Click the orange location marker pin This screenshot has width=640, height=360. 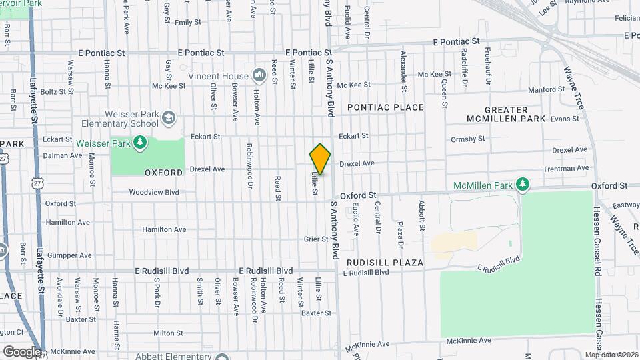pyautogui.click(x=321, y=159)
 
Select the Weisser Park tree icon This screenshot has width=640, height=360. pyautogui.click(x=140, y=142)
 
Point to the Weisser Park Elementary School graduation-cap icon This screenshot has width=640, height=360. pyautogui.click(x=168, y=118)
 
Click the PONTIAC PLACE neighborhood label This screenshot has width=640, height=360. pyautogui.click(x=385, y=107)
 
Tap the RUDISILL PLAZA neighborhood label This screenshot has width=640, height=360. pyautogui.click(x=385, y=263)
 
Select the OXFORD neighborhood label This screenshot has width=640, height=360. pyautogui.click(x=163, y=173)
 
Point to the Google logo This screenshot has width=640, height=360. pyautogui.click(x=21, y=351)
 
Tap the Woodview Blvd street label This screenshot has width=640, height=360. pyautogui.click(x=154, y=192)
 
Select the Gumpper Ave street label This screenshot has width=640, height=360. pyautogui.click(x=68, y=255)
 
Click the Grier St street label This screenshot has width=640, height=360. pyautogui.click(x=316, y=239)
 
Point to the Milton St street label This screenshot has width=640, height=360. pyautogui.click(x=167, y=333)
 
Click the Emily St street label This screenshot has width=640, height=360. pyautogui.click(x=187, y=22)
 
